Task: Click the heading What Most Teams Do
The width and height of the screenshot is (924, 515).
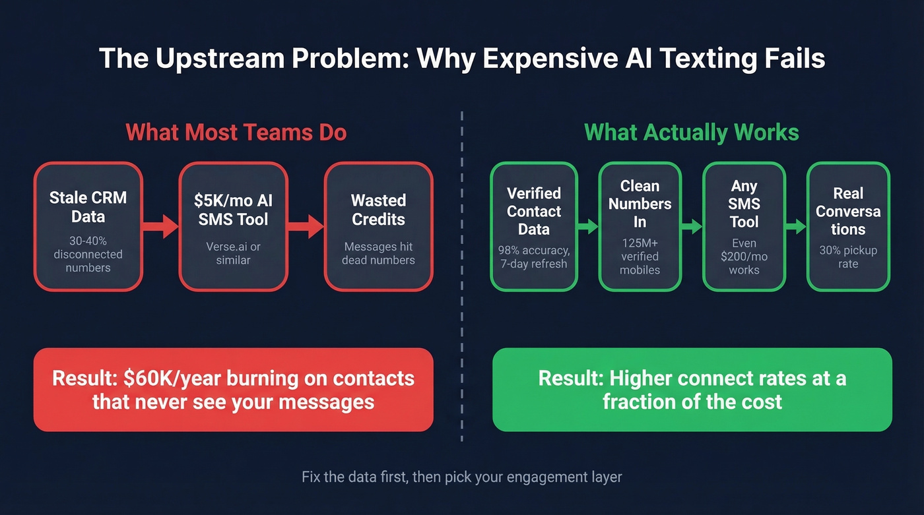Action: [236, 132]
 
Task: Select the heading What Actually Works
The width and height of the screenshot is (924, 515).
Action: [692, 132]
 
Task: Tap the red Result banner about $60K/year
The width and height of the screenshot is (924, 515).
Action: [234, 390]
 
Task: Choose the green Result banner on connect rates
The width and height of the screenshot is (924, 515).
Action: [692, 390]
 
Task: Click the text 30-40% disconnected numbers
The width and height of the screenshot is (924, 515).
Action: [88, 254]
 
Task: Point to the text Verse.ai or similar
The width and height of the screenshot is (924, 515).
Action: [234, 253]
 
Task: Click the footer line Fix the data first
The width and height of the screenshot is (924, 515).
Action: [461, 477]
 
